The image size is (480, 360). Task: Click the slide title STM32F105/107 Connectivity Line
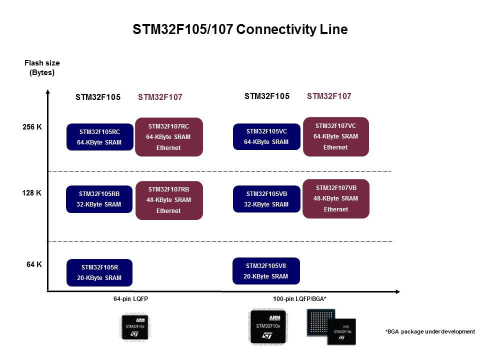tap(240, 29)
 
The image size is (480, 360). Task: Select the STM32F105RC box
tap(99, 137)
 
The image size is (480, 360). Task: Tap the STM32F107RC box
tap(168, 136)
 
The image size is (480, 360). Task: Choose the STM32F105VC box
tap(266, 136)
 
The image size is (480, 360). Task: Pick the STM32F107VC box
tap(335, 136)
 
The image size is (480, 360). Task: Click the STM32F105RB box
tap(99, 199)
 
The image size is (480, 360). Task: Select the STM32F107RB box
tap(168, 200)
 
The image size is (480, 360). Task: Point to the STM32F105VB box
tap(266, 198)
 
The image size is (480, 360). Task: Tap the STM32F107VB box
tap(335, 198)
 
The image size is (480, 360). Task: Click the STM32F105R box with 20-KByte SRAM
tap(99, 272)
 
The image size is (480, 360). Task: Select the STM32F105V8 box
tap(266, 271)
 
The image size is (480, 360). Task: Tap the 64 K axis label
tap(34, 264)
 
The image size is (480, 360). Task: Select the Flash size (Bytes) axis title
tap(42, 67)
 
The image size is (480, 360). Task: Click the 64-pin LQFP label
tap(130, 299)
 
